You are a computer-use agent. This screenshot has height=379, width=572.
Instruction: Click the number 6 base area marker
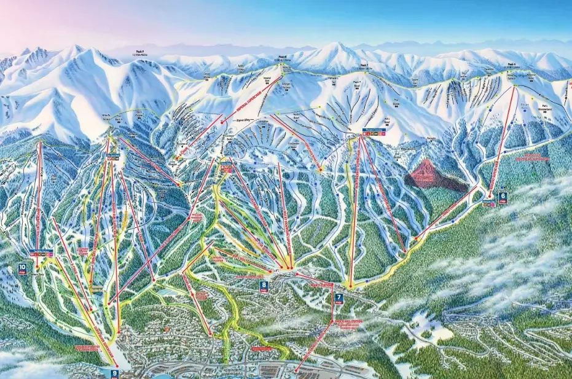point(503,197)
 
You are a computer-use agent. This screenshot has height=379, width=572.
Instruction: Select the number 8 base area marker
point(264,285)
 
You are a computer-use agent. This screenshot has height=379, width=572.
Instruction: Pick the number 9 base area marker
point(114,373)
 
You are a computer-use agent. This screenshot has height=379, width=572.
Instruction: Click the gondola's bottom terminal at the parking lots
point(296,370)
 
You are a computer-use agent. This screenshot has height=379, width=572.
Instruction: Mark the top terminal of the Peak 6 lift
point(515,86)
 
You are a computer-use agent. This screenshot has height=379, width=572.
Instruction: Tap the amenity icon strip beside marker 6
point(488,200)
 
